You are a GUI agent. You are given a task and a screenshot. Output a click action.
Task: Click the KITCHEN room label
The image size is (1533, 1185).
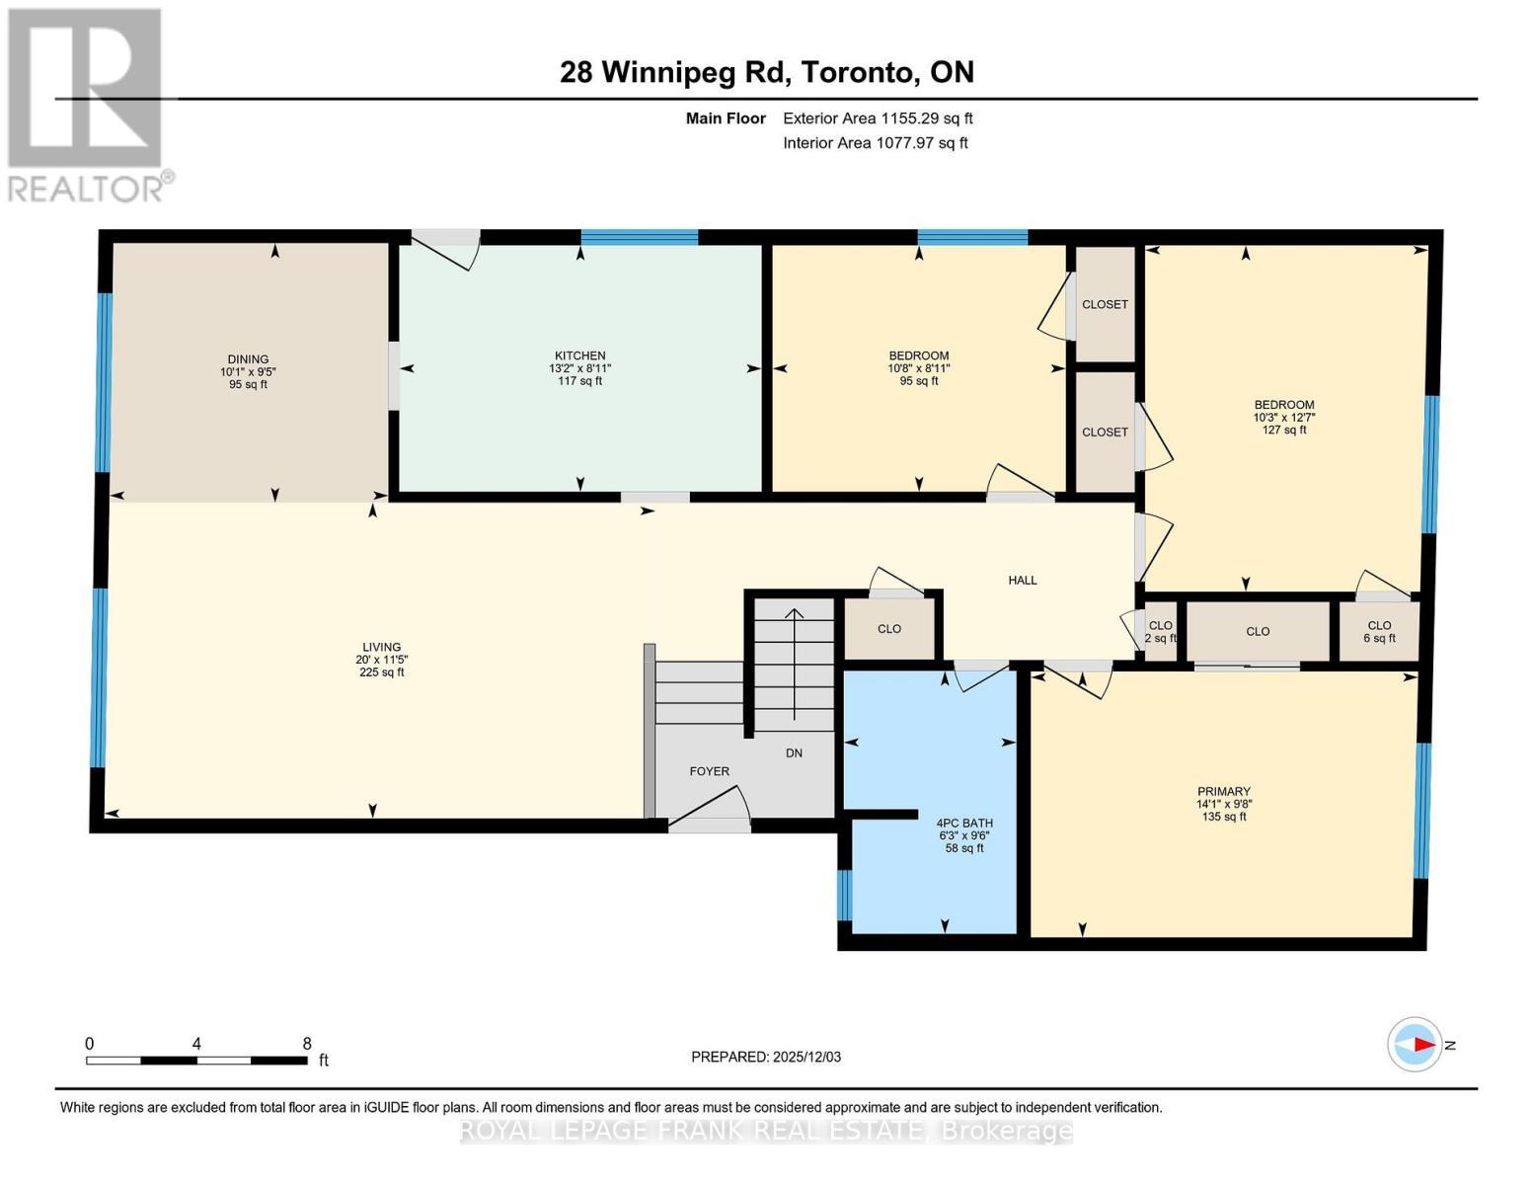579,355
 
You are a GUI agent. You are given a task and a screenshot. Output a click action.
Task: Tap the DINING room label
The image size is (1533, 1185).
248,359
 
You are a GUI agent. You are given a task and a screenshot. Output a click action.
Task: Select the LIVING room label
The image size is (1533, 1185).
381,648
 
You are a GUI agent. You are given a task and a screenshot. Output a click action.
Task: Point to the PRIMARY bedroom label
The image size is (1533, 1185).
1223,791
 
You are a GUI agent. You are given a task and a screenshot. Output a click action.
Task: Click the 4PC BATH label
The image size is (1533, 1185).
963,823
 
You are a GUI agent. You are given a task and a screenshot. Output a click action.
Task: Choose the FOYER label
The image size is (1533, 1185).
709,771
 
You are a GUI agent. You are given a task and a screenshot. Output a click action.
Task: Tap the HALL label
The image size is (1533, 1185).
1022,581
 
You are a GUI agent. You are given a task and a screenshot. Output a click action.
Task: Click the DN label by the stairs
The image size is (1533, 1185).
794,753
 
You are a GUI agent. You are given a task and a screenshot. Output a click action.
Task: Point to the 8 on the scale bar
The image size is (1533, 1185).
307,1044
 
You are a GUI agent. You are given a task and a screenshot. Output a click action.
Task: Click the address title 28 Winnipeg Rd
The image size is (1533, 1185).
766,72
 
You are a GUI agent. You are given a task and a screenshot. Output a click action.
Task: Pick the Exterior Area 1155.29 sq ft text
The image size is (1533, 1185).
878,118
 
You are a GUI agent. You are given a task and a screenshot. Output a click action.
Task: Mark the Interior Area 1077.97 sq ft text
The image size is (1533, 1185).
875,143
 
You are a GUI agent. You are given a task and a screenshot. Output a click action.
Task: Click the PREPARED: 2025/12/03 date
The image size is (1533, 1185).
766,1057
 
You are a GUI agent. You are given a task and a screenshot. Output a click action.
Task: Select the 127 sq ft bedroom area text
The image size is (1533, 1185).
1283,430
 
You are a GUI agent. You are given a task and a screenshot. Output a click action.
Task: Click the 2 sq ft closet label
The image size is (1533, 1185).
1160,639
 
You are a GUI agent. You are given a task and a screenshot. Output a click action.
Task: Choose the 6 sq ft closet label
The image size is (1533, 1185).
1379,639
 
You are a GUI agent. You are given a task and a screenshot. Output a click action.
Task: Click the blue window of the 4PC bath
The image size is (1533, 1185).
844,895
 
